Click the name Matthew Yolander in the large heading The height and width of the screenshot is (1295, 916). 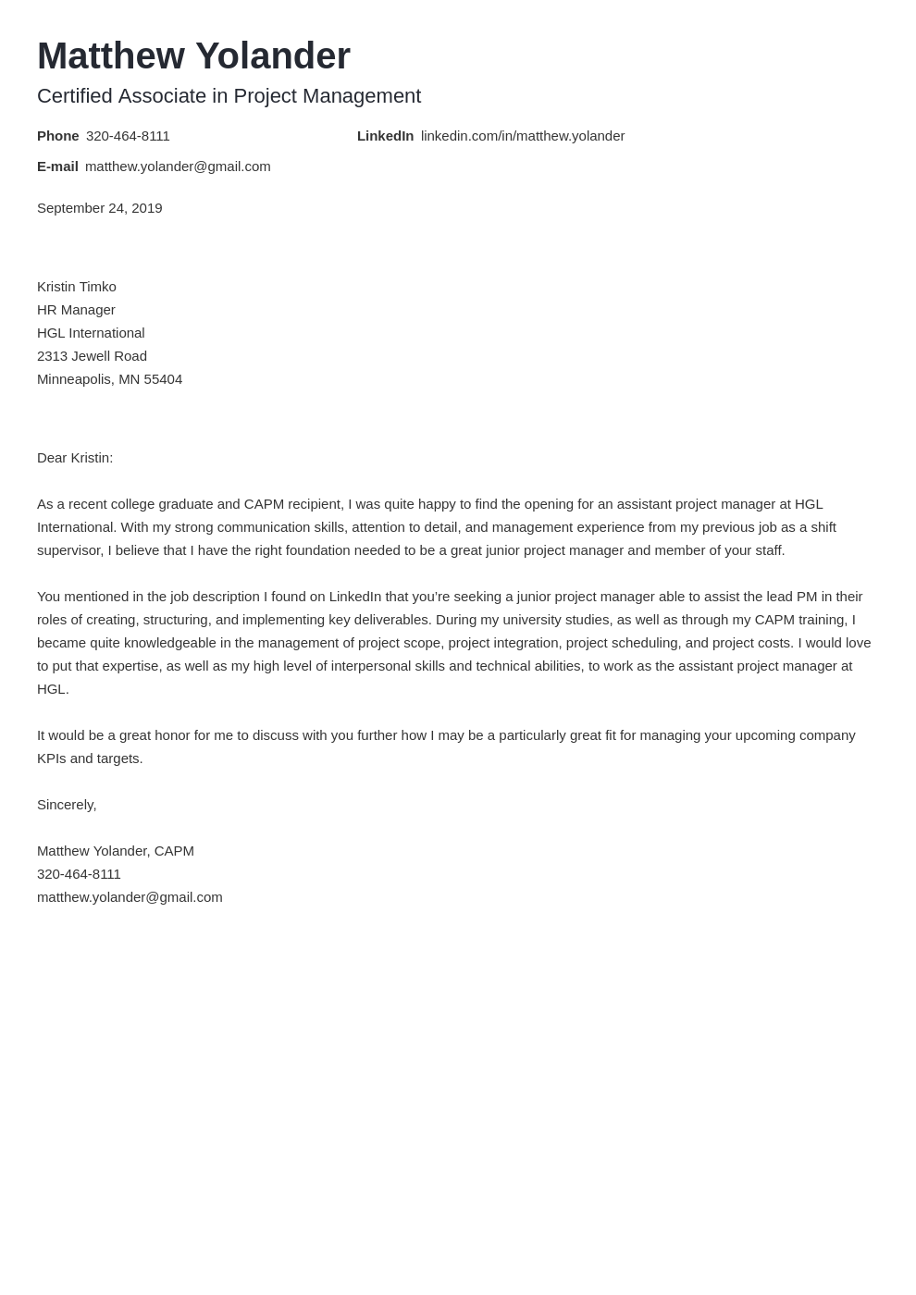pos(193,56)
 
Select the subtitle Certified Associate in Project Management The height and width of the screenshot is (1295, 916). pos(229,96)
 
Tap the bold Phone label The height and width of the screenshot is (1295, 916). pos(57,136)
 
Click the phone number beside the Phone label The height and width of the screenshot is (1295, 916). pos(128,136)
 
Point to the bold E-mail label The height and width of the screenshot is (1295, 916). pos(57,166)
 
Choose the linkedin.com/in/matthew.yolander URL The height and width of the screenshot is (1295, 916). pos(523,136)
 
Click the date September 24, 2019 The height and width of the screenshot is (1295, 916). pos(99,208)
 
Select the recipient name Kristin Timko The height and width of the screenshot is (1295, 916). pos(76,287)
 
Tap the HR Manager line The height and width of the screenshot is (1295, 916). pos(76,310)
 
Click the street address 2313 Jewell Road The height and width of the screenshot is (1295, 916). pos(92,356)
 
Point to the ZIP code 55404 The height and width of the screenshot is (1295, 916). pos(163,379)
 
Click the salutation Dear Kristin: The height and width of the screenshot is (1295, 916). pos(75,458)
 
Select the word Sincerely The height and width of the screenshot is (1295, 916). pos(66,805)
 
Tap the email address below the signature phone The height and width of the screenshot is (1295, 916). pos(130,897)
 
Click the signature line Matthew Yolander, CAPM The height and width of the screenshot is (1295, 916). pos(116,851)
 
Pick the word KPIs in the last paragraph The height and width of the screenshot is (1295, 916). pos(52,758)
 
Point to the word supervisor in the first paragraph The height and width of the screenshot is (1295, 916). pos(69,550)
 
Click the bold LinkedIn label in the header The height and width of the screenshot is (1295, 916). pos(385,136)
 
